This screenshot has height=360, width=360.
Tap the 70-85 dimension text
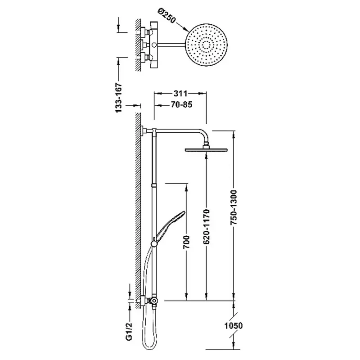pyautogui.click(x=181, y=105)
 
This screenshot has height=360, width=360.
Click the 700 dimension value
pyautogui.click(x=186, y=242)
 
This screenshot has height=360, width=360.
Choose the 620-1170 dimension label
pyautogui.click(x=207, y=226)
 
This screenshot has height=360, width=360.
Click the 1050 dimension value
pyautogui.click(x=234, y=325)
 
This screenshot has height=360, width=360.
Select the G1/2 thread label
pyautogui.click(x=130, y=329)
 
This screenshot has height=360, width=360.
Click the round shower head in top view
pyautogui.click(x=207, y=45)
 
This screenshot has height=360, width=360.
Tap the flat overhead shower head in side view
pyautogui.click(x=207, y=150)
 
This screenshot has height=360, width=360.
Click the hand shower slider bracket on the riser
pyautogui.click(x=154, y=244)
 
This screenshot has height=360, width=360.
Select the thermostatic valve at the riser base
pyautogui.click(x=153, y=300)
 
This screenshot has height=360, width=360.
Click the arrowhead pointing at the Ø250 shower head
pyautogui.click(x=186, y=29)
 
